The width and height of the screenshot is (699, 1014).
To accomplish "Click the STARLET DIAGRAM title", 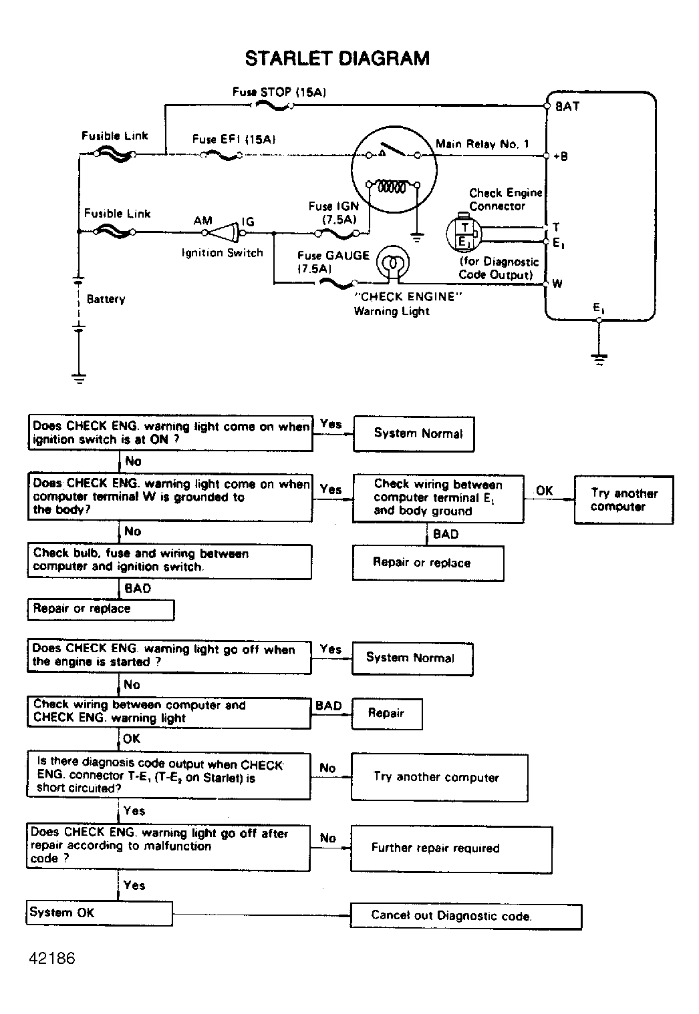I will pos(337,59).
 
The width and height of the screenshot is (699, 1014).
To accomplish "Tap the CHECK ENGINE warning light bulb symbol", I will pos(393,262).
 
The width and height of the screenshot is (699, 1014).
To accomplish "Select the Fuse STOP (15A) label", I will pos(279,92).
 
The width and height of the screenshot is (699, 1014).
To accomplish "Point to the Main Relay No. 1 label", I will pos(482,144).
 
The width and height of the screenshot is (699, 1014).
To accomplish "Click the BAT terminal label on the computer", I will pos(567,106).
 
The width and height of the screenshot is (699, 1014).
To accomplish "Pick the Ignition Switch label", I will pos(222,253).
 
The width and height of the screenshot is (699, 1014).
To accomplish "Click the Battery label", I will pos(106,299).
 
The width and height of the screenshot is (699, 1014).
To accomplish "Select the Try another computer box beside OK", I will pos(623,500).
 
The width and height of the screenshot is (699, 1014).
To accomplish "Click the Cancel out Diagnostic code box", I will pos(466,916).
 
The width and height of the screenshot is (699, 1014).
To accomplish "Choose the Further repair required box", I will pos(451,848).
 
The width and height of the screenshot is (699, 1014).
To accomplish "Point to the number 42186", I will pos(52,958).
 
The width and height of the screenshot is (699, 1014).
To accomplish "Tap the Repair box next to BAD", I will pos(386,713).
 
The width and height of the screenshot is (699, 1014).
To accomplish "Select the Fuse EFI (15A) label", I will pos(234,140).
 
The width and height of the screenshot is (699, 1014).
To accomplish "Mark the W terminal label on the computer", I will pos(557,284).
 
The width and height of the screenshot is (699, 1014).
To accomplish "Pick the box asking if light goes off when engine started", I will pos(170,656).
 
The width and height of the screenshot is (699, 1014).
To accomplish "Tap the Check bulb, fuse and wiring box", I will pos(170,561).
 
